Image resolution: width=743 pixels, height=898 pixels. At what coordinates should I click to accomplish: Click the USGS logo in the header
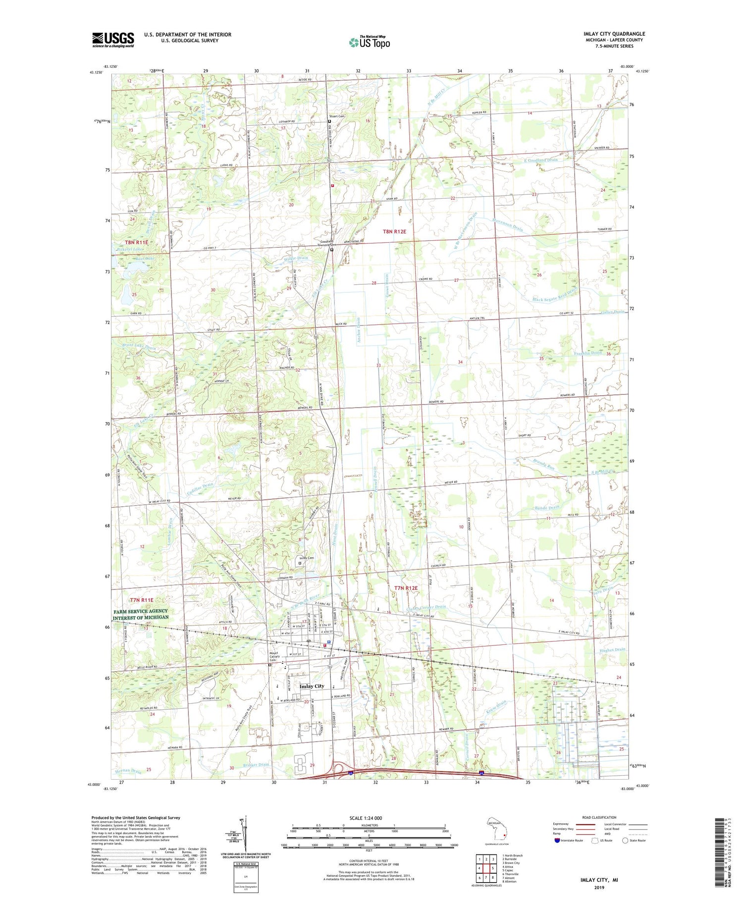click(x=113, y=40)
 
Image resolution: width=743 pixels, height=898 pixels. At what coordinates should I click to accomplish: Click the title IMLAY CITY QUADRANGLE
click(x=614, y=34)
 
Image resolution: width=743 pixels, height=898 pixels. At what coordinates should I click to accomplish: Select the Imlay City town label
click(x=312, y=686)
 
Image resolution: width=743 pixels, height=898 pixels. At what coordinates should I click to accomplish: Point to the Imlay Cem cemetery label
click(x=307, y=558)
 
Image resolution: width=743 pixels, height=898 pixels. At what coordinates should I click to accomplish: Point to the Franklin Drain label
click(x=587, y=353)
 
